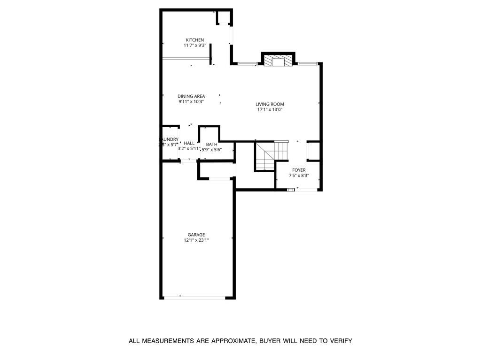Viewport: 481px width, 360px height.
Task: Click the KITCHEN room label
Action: click(x=194, y=40)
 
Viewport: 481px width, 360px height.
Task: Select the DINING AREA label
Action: click(x=191, y=96)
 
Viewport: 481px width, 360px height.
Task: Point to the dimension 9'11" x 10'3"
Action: click(x=191, y=102)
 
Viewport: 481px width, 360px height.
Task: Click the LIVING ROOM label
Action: click(x=270, y=104)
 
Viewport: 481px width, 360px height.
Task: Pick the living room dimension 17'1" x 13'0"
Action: click(x=270, y=110)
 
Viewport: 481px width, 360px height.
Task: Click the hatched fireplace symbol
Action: click(x=278, y=61)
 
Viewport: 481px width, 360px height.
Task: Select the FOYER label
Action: click(x=299, y=170)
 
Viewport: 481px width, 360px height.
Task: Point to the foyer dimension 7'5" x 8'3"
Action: click(x=299, y=176)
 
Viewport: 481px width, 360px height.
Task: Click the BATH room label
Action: click(x=211, y=144)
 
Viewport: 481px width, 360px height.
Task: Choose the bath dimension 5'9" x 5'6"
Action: click(x=211, y=150)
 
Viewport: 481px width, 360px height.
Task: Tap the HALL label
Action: click(x=189, y=143)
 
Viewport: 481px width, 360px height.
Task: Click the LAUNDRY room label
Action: click(x=169, y=139)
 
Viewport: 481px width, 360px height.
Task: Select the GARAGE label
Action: click(x=196, y=235)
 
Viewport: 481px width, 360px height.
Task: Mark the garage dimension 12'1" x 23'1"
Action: click(x=196, y=240)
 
